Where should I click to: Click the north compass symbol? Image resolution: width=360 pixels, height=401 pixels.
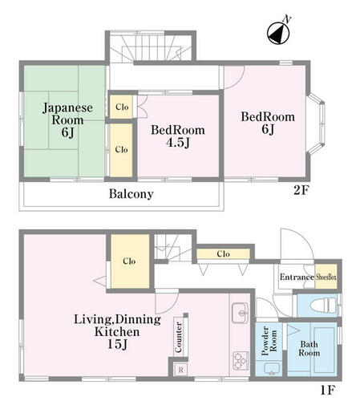point(278,33)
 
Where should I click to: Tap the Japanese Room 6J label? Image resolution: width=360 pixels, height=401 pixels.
point(67,119)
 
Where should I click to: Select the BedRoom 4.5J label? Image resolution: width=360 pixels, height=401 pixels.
point(178,136)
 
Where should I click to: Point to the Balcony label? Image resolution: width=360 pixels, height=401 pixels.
point(131,194)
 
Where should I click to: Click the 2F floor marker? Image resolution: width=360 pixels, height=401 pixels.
point(301,190)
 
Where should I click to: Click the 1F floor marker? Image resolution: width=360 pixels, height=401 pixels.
point(328,390)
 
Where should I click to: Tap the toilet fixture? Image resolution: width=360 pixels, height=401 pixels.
point(323,305)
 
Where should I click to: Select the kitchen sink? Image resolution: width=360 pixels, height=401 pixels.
point(241,313)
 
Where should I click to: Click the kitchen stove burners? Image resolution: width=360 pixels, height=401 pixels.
point(241,361)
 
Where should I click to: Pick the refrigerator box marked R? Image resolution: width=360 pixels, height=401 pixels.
point(180,370)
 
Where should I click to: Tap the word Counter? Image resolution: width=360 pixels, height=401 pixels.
point(179,337)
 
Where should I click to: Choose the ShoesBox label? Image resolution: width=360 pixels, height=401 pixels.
point(326,277)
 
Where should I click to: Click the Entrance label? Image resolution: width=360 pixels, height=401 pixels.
point(297,277)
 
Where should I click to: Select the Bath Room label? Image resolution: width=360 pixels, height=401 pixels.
point(309,348)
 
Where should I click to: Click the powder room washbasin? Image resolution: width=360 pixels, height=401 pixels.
point(272,369)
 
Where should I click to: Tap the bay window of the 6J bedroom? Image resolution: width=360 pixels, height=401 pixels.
point(318,124)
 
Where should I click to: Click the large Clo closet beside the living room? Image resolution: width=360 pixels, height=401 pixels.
point(130,261)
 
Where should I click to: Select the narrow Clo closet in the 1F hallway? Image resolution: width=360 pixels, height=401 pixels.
point(223,253)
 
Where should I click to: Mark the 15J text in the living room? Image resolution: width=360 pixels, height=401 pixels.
point(117,344)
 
